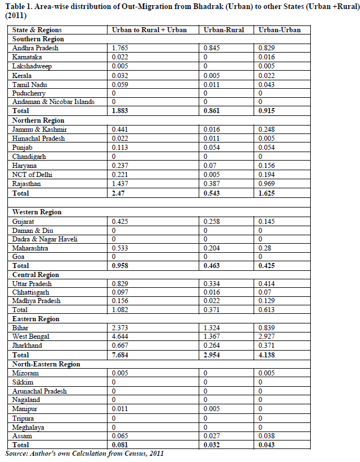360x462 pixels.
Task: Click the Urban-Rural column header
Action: point(224,30)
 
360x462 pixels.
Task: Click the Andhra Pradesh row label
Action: point(35,48)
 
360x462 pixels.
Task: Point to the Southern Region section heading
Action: point(38,39)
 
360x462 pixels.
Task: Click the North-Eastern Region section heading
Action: point(46,364)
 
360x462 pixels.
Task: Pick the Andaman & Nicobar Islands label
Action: point(53,102)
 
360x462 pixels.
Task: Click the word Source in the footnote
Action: point(19,454)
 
